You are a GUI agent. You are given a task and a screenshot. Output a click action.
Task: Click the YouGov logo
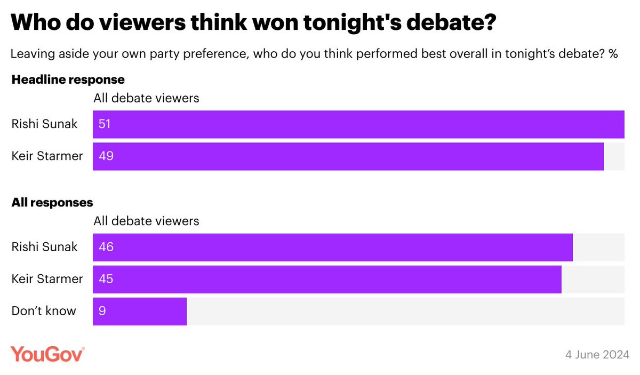point(47,354)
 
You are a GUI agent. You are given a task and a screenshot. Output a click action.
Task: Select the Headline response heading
point(68,80)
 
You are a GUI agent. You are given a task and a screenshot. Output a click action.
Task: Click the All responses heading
point(52,203)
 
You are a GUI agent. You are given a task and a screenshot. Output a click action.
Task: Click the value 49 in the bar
point(106,156)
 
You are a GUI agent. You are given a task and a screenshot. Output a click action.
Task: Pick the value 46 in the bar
point(106,248)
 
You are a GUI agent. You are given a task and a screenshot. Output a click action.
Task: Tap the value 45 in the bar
point(106,279)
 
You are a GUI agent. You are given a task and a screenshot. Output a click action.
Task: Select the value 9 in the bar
point(102,311)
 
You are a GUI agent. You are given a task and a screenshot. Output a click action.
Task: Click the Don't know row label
point(44,311)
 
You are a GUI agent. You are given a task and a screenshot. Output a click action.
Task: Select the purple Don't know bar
point(140,311)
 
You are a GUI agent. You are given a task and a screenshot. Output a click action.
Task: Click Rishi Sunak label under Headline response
point(44,124)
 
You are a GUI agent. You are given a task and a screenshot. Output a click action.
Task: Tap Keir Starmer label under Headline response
point(47,156)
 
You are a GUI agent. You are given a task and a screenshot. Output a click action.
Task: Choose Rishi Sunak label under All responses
point(44,247)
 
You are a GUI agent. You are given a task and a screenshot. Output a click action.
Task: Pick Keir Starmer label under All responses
point(47,279)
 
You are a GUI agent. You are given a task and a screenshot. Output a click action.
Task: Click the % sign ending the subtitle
point(613,54)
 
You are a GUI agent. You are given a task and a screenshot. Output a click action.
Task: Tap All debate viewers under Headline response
point(146,98)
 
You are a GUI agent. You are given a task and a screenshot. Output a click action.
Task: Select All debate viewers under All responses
point(146,221)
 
